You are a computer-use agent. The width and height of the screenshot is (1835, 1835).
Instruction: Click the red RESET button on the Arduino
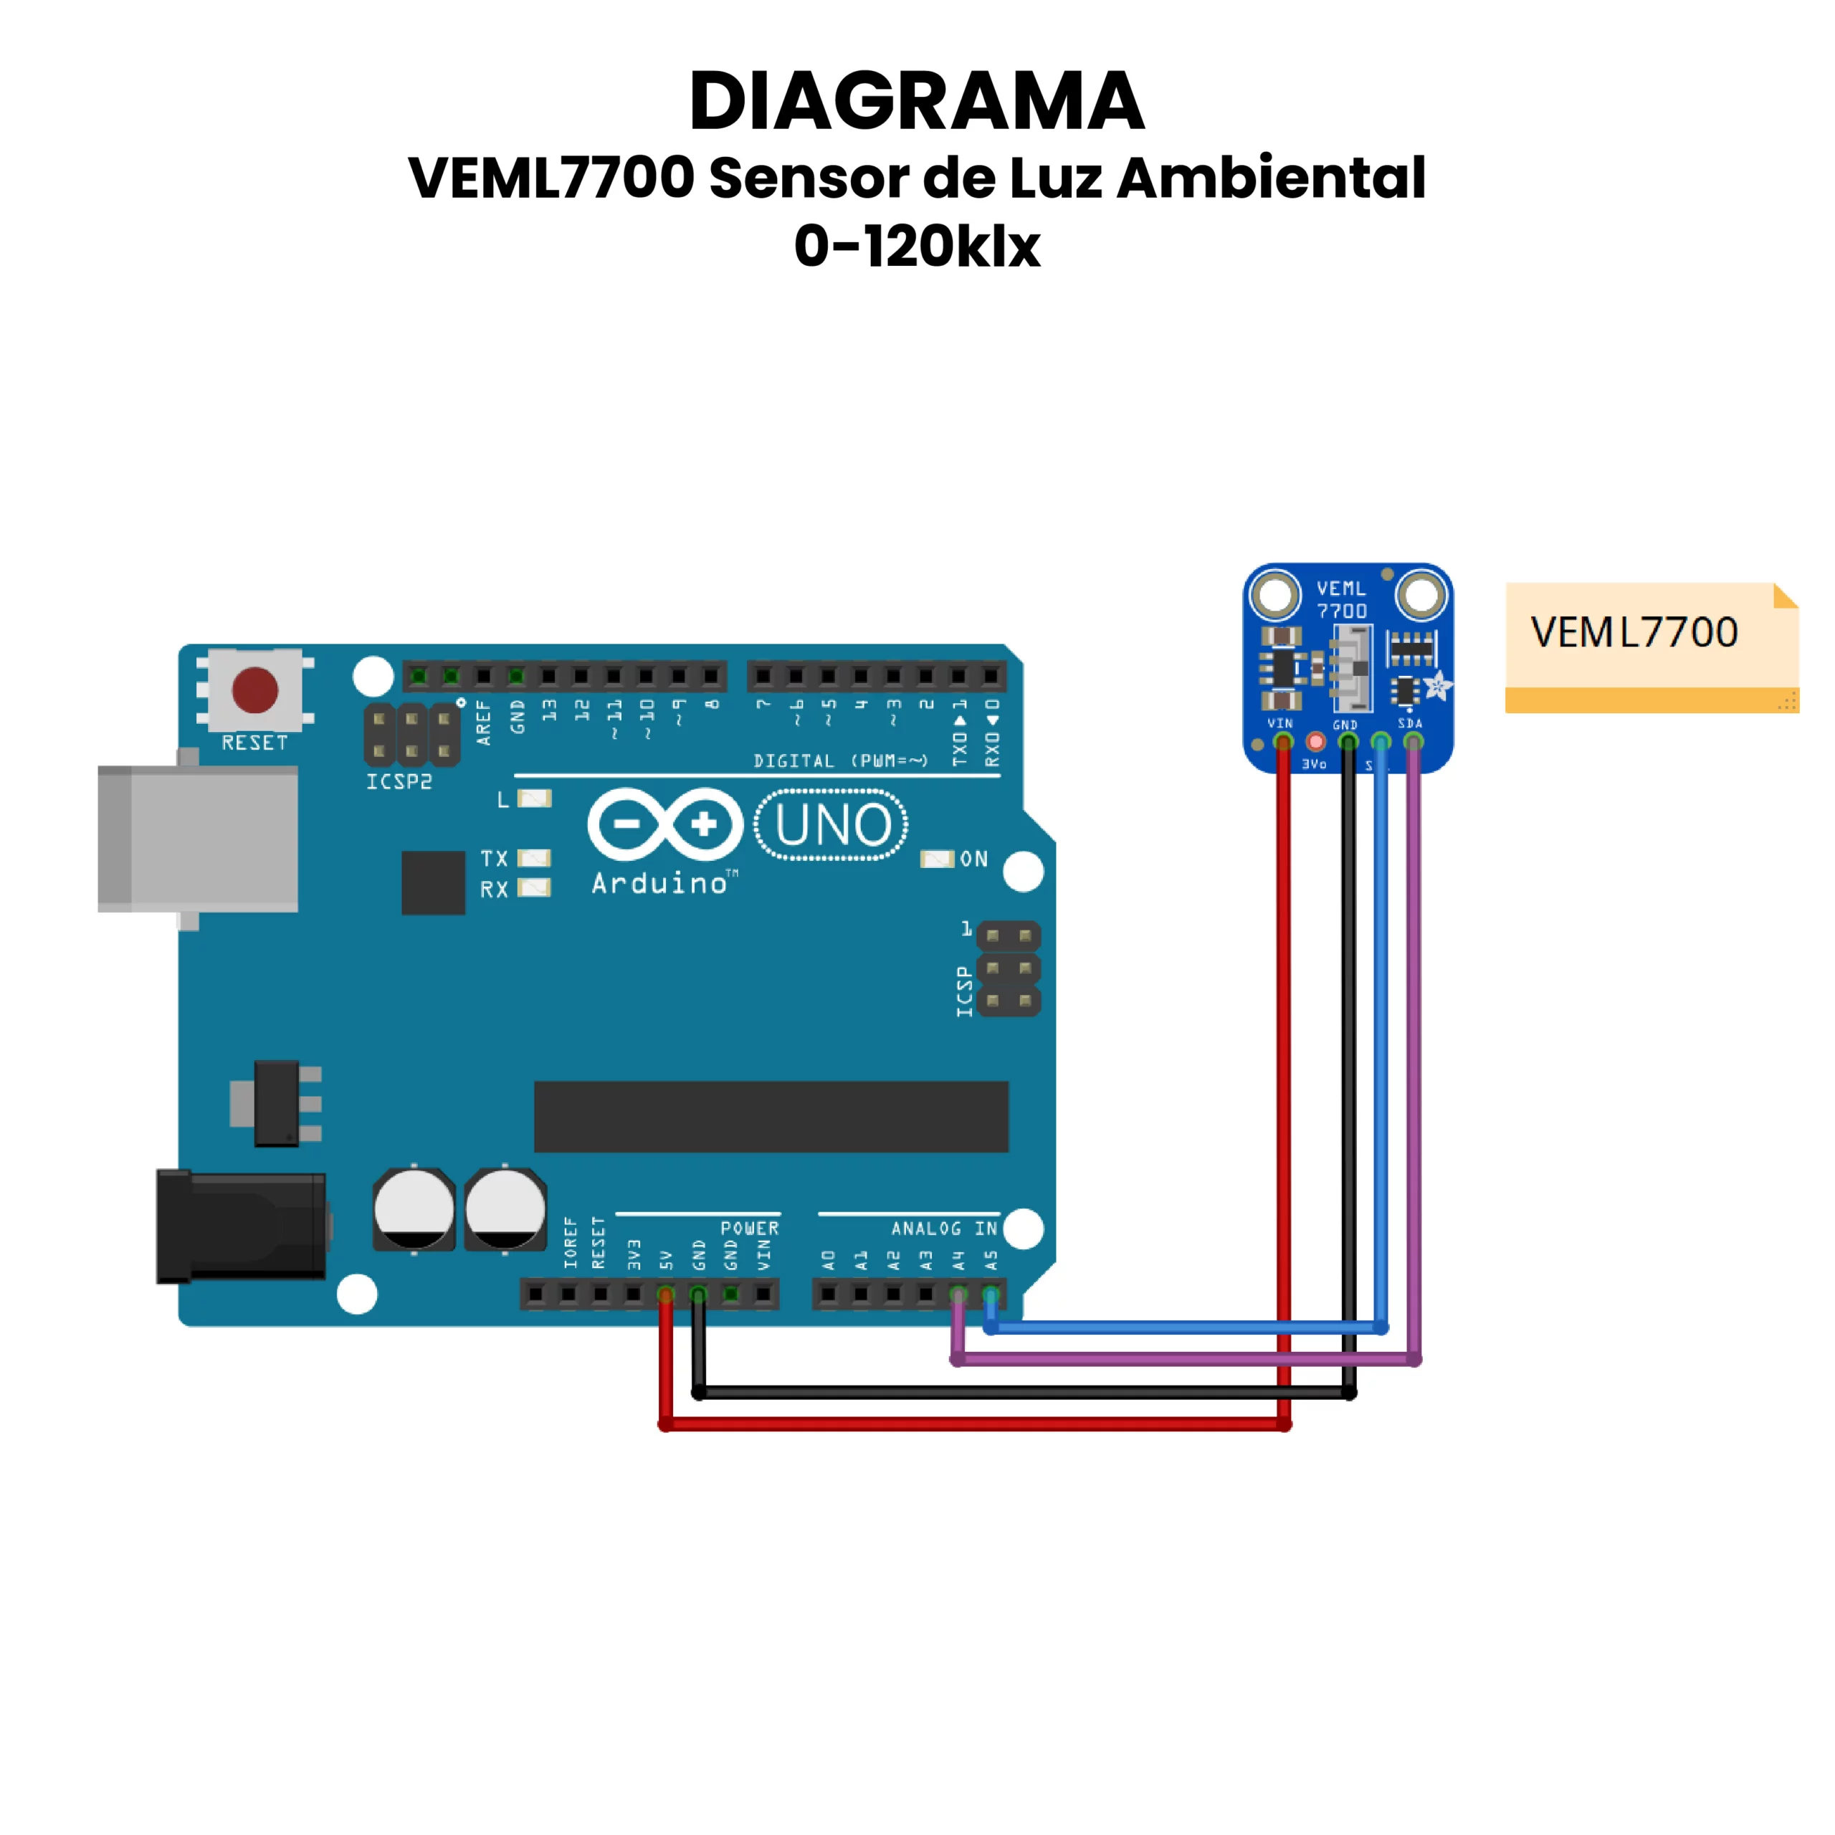254,690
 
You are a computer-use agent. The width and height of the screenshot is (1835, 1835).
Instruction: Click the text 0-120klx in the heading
917,246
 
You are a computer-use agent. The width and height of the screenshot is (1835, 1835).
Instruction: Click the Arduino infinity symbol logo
665,824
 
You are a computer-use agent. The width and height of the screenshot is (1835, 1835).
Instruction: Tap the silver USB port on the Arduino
198,839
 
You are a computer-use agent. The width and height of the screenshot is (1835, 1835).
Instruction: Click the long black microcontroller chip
771,1116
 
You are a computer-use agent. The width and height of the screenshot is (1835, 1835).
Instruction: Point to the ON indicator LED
937,859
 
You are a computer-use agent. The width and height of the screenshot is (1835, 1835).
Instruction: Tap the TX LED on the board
534,859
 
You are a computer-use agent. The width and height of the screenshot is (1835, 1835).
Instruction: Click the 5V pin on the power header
666,1294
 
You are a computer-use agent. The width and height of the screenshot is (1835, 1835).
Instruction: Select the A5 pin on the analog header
991,1294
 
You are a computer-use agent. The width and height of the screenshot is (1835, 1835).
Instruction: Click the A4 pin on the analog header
958,1294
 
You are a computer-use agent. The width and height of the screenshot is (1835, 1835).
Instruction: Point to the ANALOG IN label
944,1228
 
